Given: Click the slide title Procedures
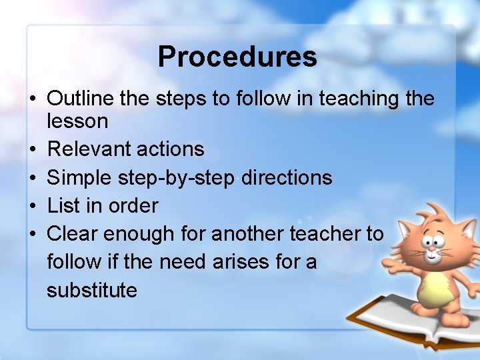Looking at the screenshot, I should click(x=237, y=57).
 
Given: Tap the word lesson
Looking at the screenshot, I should click(x=77, y=121).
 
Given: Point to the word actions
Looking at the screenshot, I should click(x=169, y=149).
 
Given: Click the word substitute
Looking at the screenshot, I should click(x=92, y=290).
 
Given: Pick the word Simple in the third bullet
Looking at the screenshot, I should click(x=80, y=178).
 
